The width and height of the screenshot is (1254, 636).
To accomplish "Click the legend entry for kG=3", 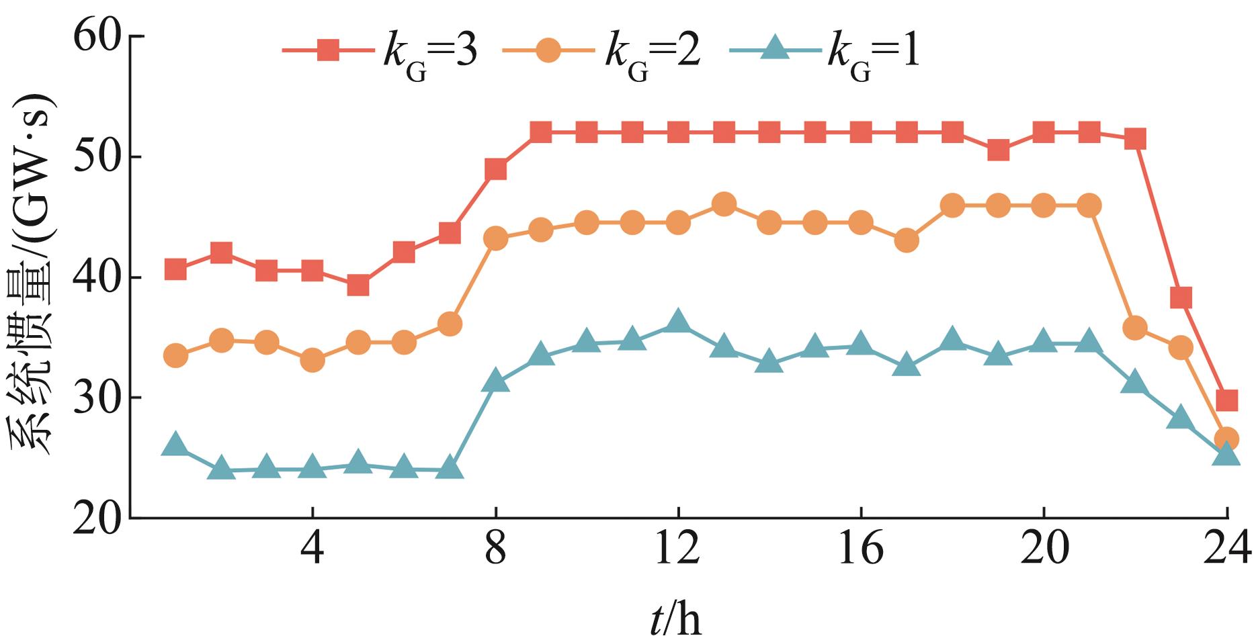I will click(x=380, y=52).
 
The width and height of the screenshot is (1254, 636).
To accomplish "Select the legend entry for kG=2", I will click(x=601, y=52).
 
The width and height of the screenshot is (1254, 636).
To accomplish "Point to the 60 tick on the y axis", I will click(x=101, y=37).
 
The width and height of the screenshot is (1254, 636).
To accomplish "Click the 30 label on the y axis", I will click(x=101, y=398).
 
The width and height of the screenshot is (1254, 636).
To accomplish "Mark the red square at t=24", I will click(x=1226, y=401).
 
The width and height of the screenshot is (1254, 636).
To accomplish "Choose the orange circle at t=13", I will click(x=723, y=204).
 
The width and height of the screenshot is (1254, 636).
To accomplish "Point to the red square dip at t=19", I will click(x=998, y=150).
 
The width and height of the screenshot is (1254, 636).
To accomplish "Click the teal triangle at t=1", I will click(x=175, y=445).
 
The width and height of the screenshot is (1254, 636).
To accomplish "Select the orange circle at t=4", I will click(x=312, y=361).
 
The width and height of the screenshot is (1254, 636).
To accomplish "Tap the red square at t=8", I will click(x=495, y=169).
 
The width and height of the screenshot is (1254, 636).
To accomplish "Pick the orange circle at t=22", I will click(x=1135, y=328).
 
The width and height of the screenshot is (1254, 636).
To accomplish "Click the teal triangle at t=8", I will click(x=495, y=382).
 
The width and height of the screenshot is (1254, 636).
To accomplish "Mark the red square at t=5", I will click(x=358, y=285).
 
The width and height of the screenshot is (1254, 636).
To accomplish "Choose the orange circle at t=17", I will click(x=907, y=240).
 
